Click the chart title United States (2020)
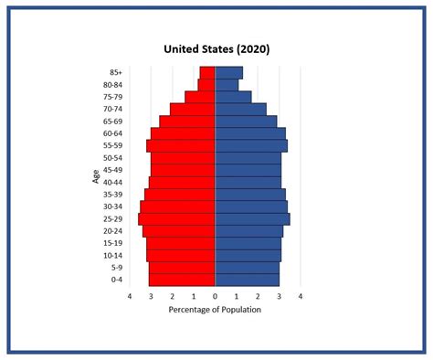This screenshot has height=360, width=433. [216, 48]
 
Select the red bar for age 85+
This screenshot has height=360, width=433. [207, 73]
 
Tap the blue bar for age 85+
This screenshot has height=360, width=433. [228, 73]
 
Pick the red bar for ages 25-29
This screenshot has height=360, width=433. [176, 219]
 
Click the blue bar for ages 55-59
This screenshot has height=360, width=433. [251, 146]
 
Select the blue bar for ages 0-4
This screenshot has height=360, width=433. [247, 280]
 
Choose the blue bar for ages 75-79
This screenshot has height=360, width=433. [233, 97]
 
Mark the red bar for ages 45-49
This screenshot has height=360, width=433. [183, 170]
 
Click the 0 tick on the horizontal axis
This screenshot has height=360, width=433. [216, 297]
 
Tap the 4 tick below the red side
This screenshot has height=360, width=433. [130, 297]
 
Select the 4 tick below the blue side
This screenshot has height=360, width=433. [301, 297]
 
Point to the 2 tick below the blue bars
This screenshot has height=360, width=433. [258, 297]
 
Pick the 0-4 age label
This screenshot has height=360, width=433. [117, 280]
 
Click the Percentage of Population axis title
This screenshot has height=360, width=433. [216, 310]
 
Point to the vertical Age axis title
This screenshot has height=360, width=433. [96, 175]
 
